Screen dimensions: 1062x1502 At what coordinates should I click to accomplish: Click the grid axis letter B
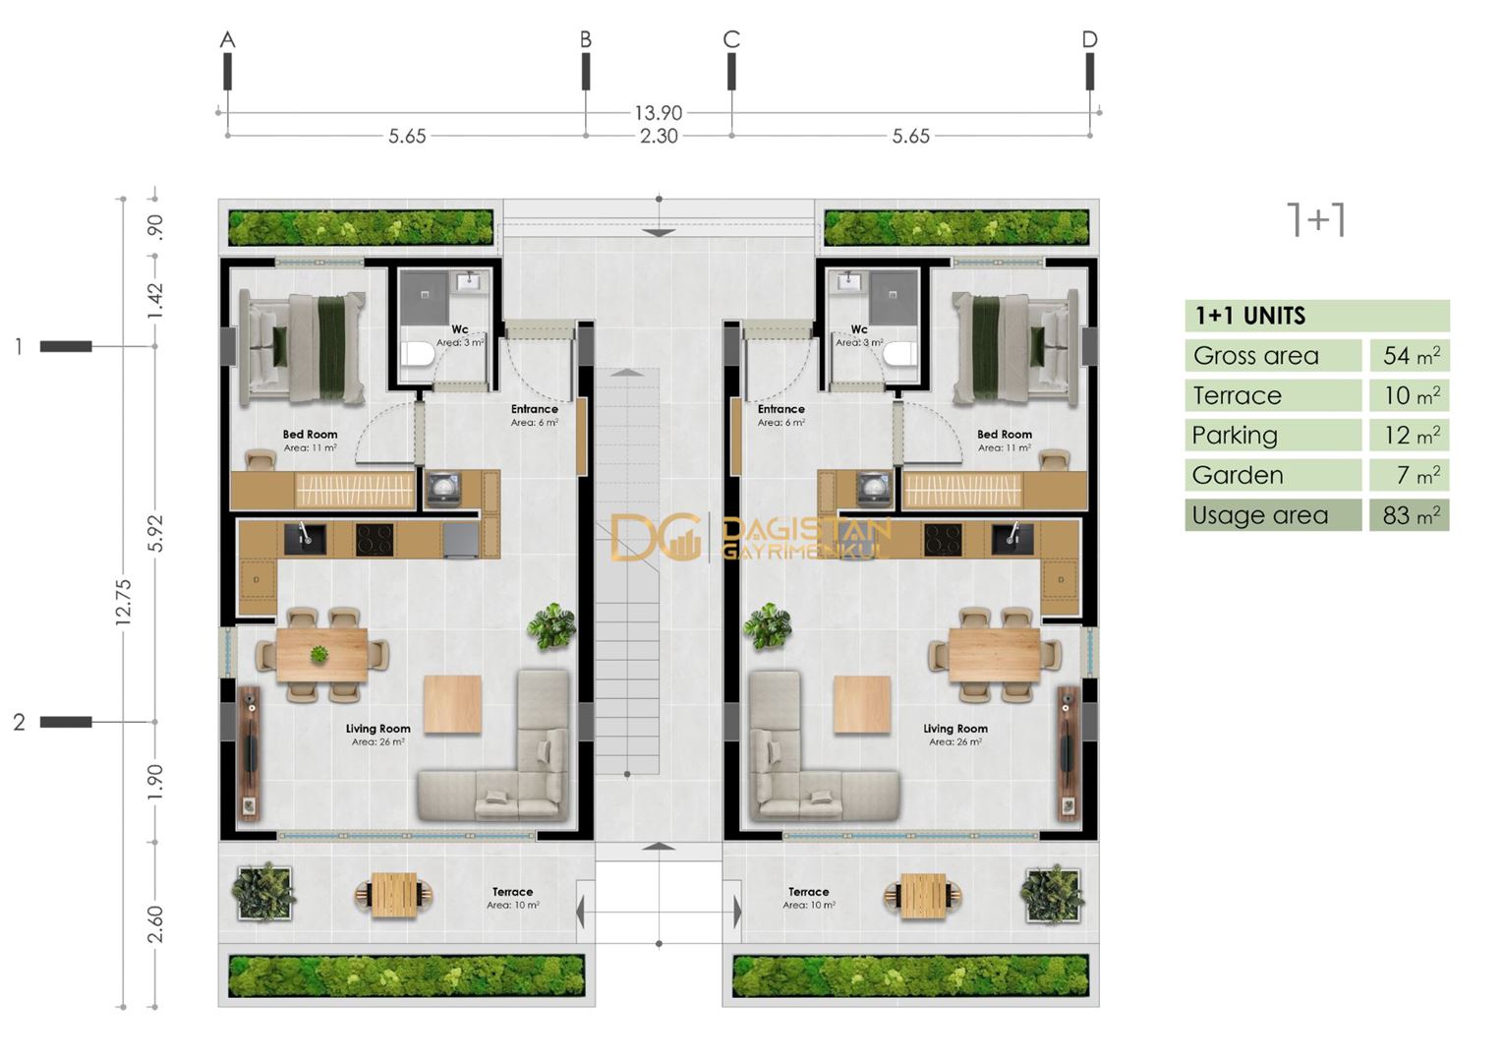coord(585,39)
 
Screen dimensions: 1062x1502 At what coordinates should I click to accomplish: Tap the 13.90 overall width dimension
coord(658,113)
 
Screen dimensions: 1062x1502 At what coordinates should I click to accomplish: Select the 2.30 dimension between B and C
coord(659,136)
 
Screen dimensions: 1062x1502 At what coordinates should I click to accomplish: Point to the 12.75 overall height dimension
coord(123,602)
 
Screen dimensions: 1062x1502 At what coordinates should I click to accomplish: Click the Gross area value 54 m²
coord(1410,356)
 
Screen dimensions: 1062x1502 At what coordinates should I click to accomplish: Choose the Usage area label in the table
coord(1259,515)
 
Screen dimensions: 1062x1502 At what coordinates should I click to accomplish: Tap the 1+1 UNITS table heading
coord(1249,316)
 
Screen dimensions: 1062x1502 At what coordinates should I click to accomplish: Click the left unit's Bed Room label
coord(310,434)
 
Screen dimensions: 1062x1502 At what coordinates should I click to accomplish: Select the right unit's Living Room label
coord(954,729)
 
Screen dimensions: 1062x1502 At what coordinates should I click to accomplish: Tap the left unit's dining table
coord(321,655)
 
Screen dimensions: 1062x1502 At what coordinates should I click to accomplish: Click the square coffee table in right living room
coord(862,704)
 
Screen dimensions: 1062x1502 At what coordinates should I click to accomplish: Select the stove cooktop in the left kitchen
coord(374,539)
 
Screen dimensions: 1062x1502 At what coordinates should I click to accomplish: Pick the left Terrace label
coord(512,892)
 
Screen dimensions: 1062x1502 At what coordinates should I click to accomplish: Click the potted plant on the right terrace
coord(1052,894)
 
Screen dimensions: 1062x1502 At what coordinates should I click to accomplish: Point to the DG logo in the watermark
coord(653,538)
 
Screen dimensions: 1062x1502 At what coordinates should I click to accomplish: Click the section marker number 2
coord(19,723)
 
